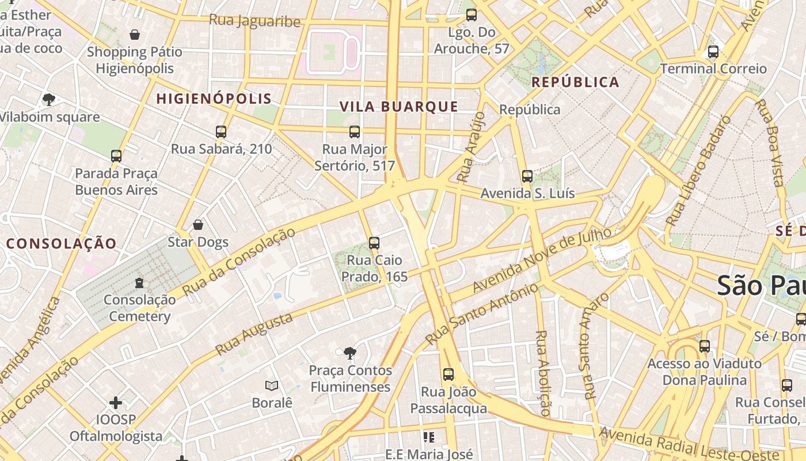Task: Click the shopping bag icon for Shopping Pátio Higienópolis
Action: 135,35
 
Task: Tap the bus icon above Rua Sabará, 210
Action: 221,132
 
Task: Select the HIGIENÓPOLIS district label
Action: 214,99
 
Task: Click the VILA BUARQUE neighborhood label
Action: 399,107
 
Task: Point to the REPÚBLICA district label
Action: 575,82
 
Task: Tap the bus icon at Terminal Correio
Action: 713,52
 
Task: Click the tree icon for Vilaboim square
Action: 49,100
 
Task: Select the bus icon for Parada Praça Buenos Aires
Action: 116,156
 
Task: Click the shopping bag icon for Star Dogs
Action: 198,225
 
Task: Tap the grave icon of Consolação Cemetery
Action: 139,283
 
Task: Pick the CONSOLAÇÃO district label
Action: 62,243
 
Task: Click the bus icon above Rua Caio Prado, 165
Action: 374,243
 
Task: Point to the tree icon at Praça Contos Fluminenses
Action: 349,353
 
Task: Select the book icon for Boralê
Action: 272,386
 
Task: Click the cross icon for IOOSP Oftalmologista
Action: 116,402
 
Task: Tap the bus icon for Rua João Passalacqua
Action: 448,375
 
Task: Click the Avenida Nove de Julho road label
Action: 541,260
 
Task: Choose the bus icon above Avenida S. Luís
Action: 527,176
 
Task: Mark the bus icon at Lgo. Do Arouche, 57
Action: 472,15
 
